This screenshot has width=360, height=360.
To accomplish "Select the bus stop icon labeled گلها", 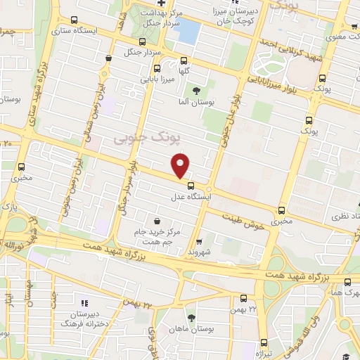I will pos(184,60).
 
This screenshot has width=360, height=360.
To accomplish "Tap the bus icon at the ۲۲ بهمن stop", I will pos(243,298).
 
